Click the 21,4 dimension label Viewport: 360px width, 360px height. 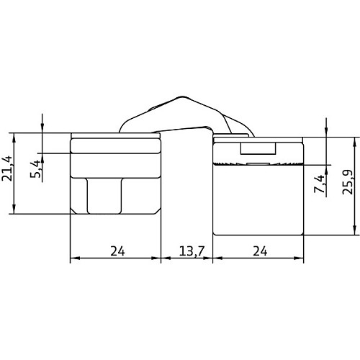tap(7, 168)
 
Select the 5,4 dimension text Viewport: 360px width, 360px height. tap(35, 169)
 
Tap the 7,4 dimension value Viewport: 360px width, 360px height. tap(320, 184)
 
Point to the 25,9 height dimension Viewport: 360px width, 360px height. tap(347, 182)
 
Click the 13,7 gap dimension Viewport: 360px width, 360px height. tap(192, 251)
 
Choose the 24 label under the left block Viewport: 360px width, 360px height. tap(117, 251)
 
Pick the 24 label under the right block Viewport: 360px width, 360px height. tap(260, 251)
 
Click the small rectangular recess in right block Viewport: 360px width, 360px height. tap(258, 148)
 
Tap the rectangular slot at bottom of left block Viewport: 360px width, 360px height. tap(104, 196)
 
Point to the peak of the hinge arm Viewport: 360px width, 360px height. tap(181, 97)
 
